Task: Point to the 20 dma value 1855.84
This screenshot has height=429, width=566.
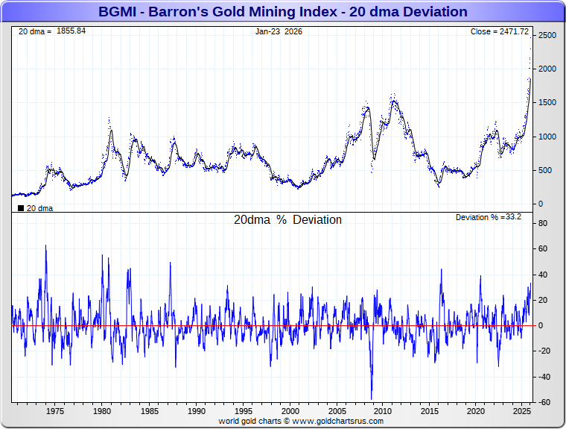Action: tap(71, 31)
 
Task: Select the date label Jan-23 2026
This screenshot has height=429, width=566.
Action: tap(279, 31)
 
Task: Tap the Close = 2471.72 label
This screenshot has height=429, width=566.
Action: tap(499, 31)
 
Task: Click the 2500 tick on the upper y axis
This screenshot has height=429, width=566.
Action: tap(547, 35)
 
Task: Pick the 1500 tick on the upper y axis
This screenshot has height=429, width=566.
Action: tap(547, 103)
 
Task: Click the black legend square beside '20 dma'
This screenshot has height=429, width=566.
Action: tap(20, 208)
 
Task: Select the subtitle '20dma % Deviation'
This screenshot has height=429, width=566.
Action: tap(287, 220)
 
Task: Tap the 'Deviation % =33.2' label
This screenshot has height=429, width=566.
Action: tap(488, 217)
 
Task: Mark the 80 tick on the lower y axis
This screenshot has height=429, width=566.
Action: tap(544, 223)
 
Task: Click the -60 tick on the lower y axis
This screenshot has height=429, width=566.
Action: tap(544, 402)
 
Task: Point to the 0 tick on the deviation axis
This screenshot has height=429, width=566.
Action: tap(541, 326)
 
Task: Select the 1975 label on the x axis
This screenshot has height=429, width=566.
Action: tap(55, 411)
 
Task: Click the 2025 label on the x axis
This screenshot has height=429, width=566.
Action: tap(522, 411)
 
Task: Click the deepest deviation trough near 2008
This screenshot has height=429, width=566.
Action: tap(372, 398)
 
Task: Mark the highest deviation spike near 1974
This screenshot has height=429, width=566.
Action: tap(46, 245)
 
